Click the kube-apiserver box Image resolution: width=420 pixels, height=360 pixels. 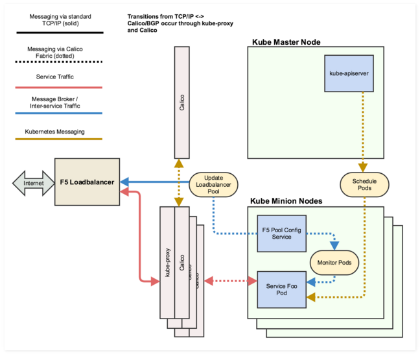click(x=349, y=73)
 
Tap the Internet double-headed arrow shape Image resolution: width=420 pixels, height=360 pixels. click(x=32, y=182)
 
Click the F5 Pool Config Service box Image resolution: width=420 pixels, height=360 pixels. click(x=282, y=232)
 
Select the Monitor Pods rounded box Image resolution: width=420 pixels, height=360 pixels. click(x=334, y=262)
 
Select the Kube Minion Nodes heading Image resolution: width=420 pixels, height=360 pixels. click(x=287, y=201)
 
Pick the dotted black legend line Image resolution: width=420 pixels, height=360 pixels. click(x=55, y=62)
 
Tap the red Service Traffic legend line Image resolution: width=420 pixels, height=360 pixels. click(x=55, y=86)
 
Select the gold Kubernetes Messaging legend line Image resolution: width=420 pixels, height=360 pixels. click(x=55, y=139)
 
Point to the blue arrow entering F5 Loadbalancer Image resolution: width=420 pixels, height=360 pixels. click(x=156, y=182)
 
